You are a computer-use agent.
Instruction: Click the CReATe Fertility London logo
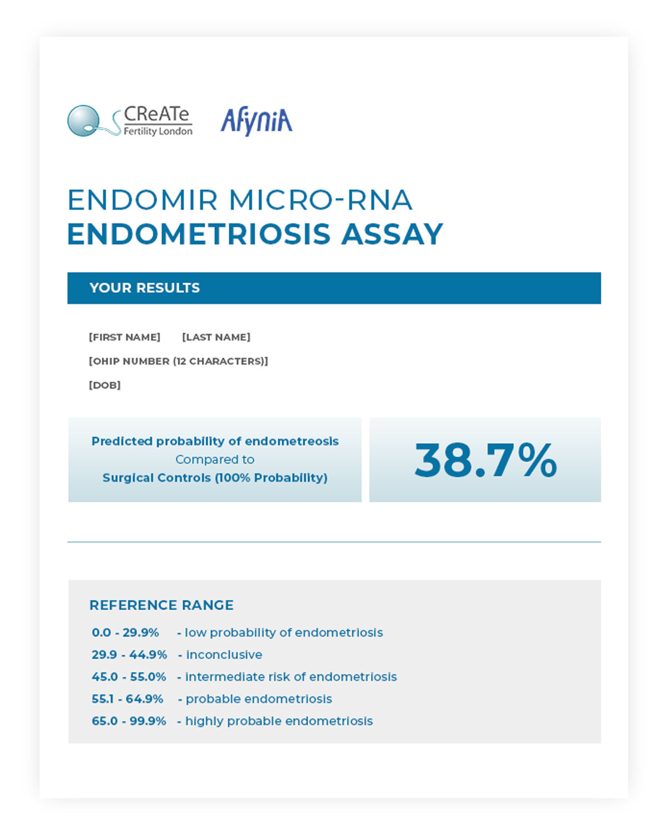coord(130,121)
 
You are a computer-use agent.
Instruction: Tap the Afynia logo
coord(257,121)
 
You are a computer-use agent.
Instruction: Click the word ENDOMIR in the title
coord(143,200)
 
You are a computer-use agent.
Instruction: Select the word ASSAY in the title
coord(392,234)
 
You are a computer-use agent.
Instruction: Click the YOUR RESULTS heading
coord(145,288)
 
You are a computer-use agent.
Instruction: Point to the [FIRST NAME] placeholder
coord(125,337)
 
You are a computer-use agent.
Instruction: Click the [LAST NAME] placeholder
coord(216,337)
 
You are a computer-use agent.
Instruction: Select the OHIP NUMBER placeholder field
coord(178,361)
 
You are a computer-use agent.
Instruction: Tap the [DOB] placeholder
coord(105,385)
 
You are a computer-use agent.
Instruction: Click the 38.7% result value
coord(485,460)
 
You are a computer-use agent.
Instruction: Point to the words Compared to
coord(215,460)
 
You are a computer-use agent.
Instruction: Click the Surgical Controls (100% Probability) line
coord(215,478)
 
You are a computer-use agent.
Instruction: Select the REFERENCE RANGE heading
coord(161,605)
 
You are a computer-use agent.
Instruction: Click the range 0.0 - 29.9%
coord(125,633)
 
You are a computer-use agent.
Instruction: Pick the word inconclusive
coord(224,655)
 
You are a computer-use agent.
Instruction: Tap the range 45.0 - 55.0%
coord(129,677)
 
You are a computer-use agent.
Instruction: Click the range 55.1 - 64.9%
coord(127,699)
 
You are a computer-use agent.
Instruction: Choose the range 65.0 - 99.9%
coord(129,721)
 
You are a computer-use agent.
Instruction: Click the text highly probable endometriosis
coord(279,721)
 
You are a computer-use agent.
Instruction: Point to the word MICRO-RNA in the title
coord(321,200)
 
